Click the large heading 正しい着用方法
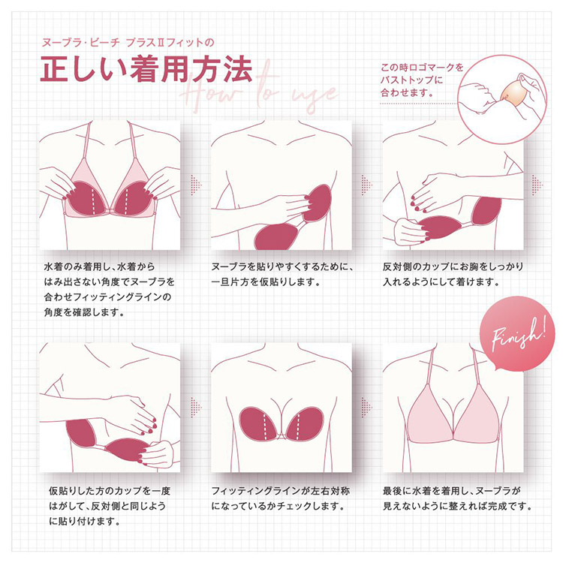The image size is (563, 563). tap(146, 68)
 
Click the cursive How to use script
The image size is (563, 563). tap(259, 92)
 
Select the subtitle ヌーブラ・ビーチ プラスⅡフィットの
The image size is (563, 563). tap(128, 43)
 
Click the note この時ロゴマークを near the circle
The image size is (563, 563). tap(422, 68)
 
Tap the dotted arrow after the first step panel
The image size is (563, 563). tap(196, 185)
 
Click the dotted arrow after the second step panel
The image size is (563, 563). tap(367, 185)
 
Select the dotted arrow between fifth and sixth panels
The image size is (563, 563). tap(367, 407)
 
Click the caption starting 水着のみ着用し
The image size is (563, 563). tap(109, 290)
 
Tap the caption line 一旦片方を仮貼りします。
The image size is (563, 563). tap(266, 282)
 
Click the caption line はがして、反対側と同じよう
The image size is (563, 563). tap(107, 506)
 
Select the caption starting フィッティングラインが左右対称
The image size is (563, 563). tap(281, 498)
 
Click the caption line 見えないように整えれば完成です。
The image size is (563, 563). tap(457, 506)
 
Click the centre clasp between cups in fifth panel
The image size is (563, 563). tap(282, 435)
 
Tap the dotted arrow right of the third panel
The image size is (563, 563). tap(537, 185)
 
